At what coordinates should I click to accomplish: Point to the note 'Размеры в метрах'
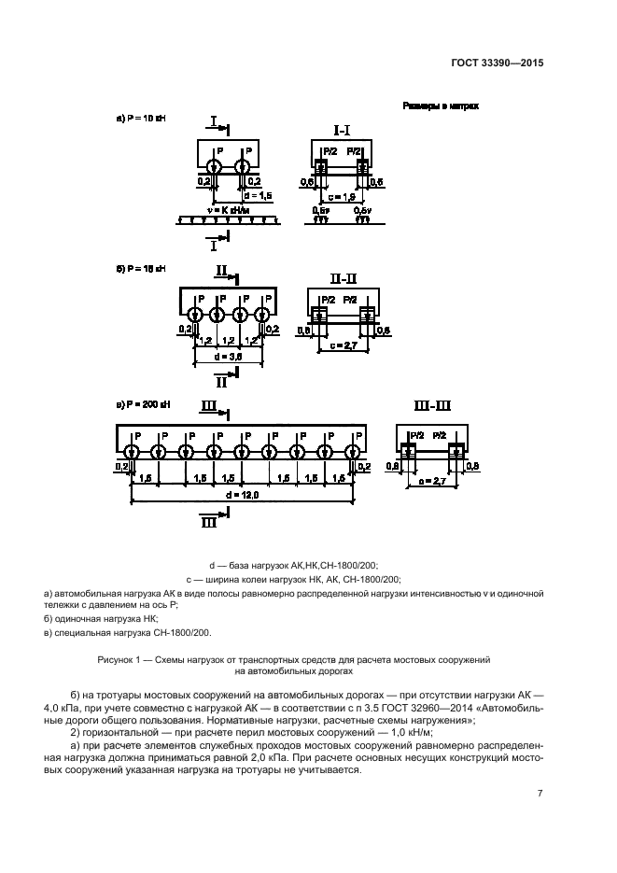point(441,106)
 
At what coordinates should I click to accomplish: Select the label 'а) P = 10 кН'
point(139,120)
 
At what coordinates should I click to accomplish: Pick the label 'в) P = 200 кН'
point(142,404)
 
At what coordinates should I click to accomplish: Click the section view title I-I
point(343,126)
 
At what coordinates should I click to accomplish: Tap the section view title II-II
point(344,278)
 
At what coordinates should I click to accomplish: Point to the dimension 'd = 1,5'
point(258,197)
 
